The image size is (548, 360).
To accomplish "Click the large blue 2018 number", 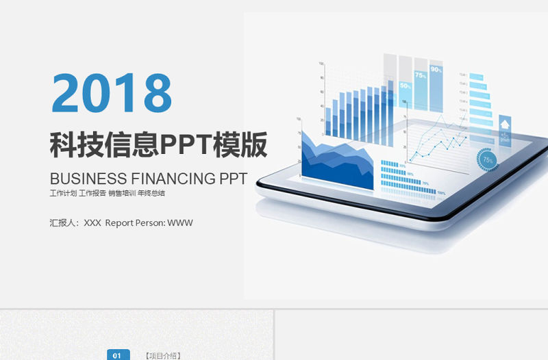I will [112, 93].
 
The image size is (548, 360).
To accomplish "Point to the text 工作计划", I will [62, 194].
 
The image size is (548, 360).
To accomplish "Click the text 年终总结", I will [151, 194].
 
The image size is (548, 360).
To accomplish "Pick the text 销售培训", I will [121, 194].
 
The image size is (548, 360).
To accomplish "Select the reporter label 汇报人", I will [64, 222].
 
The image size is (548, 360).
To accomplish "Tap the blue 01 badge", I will [117, 355].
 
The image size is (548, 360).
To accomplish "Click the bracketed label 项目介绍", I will [163, 355].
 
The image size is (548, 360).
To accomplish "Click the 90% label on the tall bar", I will [436, 70].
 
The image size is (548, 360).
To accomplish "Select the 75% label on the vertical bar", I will [420, 76].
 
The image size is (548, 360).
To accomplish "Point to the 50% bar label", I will [405, 86].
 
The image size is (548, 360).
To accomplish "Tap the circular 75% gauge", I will [487, 159].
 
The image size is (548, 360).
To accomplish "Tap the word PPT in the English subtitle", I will [233, 179].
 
